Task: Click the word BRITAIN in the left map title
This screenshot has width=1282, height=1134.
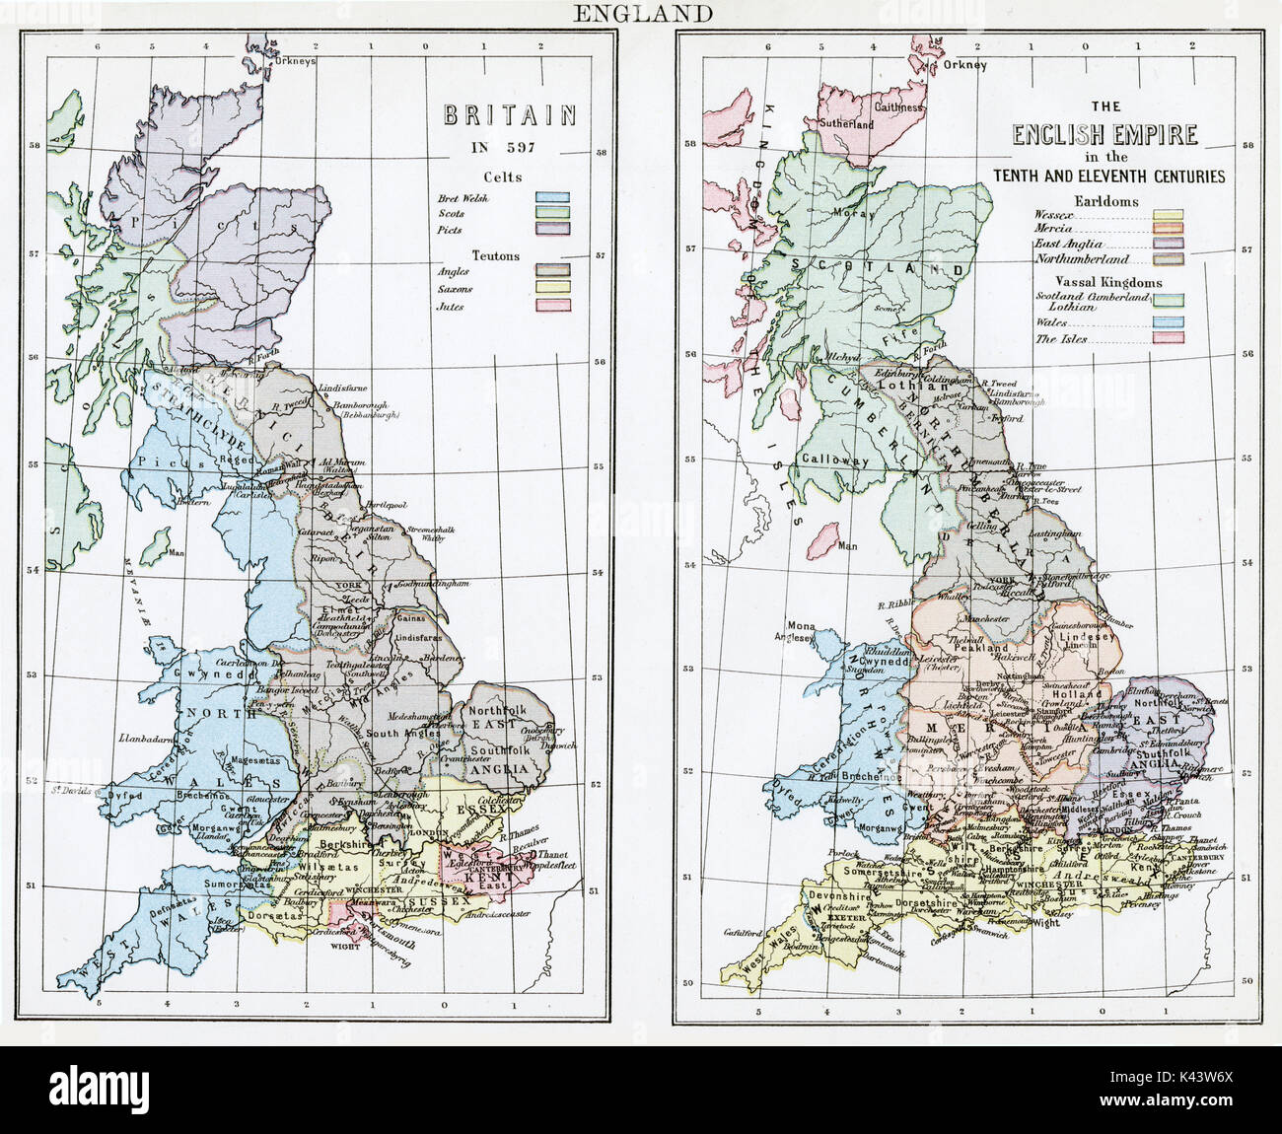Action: pyautogui.click(x=509, y=116)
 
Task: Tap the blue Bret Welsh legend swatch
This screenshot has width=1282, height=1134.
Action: pyautogui.click(x=551, y=197)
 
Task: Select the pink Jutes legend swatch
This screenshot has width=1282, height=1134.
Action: pyautogui.click(x=551, y=306)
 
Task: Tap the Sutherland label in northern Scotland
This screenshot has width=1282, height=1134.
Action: pyautogui.click(x=846, y=125)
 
